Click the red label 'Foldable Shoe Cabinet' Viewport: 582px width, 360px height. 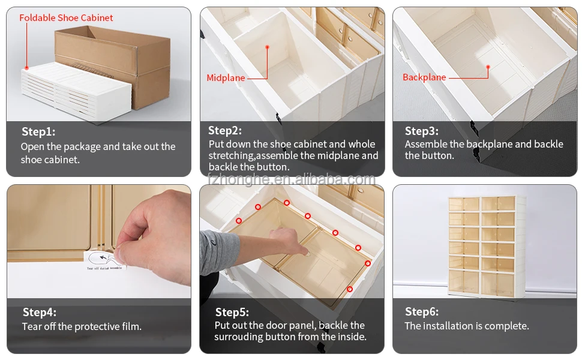[66, 18]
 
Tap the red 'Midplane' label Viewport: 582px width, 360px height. [226, 78]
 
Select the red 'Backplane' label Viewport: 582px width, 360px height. [424, 77]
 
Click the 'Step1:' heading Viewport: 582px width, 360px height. [38, 132]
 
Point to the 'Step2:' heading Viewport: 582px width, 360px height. [225, 131]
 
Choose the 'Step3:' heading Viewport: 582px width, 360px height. [421, 131]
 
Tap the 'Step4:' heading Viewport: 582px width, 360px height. [40, 312]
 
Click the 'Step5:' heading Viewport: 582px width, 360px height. [232, 312]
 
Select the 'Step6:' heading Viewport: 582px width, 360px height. [421, 311]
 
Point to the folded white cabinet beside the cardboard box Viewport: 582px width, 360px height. [75, 90]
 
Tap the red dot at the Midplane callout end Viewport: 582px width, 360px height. [267, 47]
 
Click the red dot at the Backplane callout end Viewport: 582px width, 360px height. [488, 67]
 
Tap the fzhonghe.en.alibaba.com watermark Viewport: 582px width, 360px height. [291, 179]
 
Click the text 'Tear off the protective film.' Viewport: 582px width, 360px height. [82, 327]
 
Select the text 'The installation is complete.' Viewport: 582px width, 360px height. [467, 326]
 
